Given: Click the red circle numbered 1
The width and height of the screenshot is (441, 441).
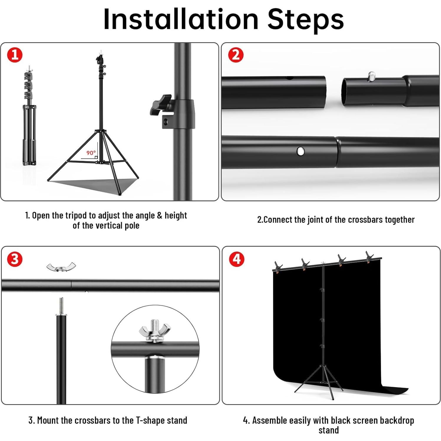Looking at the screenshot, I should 15,55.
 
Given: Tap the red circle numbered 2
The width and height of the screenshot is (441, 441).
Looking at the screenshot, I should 236,55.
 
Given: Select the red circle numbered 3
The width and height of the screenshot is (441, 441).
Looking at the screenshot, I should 15,259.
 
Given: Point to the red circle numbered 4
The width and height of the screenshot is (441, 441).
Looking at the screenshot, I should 237,259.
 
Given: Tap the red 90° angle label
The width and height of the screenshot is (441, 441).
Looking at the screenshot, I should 91,153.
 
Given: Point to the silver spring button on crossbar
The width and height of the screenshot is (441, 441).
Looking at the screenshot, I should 372,76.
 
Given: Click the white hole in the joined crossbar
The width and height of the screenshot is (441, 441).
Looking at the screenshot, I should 300,151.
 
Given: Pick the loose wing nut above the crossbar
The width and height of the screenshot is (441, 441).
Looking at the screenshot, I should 61,267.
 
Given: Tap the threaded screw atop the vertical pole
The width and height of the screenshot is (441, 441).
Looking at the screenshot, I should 61,306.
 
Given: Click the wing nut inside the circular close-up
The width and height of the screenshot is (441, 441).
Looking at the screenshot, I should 151,331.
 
